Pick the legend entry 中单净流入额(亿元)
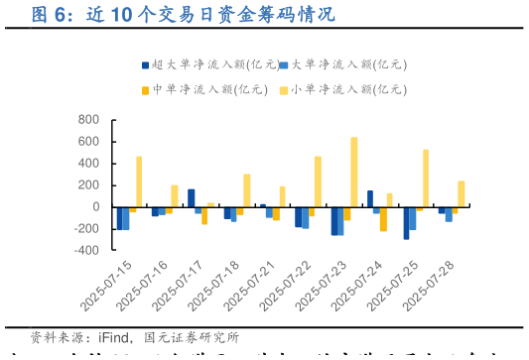point(209,89)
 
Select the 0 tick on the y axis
point(95,207)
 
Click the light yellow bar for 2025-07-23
point(354,173)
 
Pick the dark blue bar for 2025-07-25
point(406,223)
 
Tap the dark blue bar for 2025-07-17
point(192,198)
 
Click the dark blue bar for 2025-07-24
point(370,198)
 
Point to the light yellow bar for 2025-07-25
point(426,179)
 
